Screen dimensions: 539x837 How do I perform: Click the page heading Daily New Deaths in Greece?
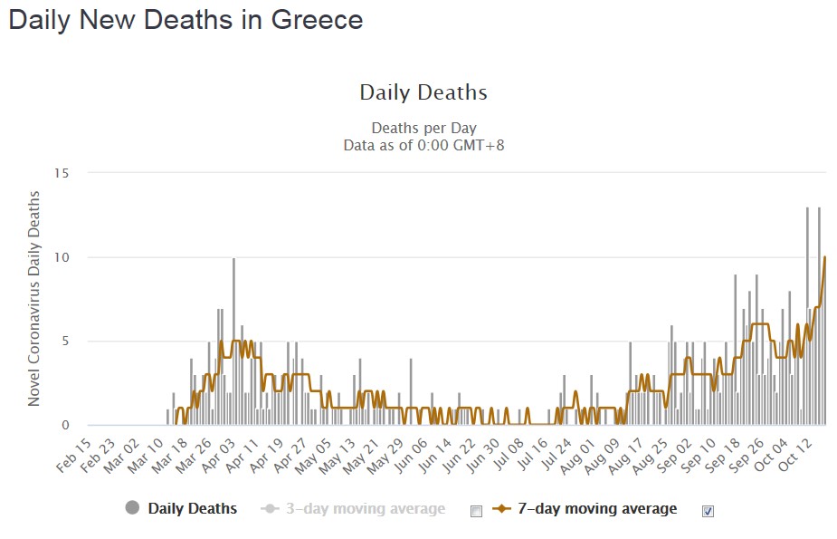[x=185, y=20]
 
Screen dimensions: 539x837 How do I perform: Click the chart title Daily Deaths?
[x=423, y=92]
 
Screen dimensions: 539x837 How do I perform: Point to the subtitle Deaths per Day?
[x=423, y=128]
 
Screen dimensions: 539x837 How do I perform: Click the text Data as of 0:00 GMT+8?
[x=423, y=144]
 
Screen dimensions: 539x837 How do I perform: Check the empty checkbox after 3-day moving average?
[x=476, y=511]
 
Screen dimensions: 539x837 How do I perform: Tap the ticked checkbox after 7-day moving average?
[x=708, y=511]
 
